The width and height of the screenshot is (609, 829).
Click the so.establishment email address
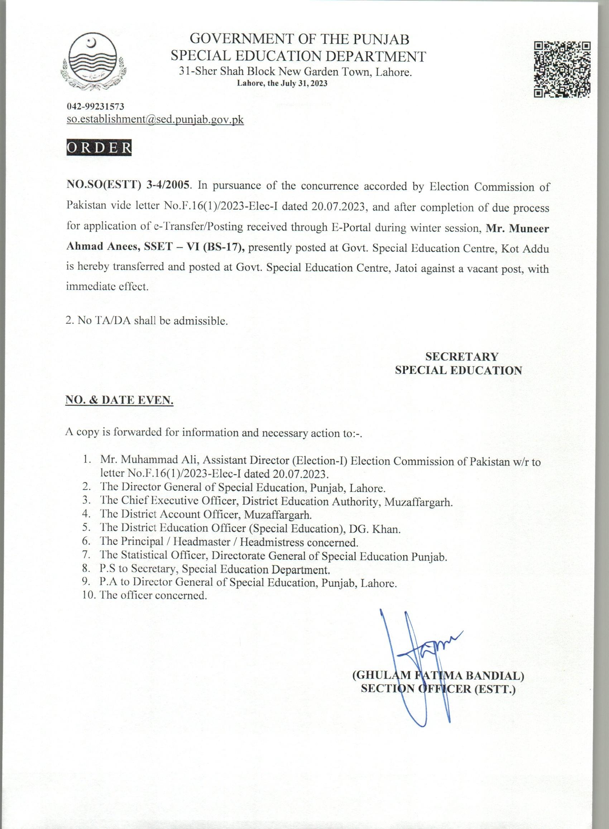click(155, 120)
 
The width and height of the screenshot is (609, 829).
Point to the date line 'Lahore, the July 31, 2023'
click(282, 84)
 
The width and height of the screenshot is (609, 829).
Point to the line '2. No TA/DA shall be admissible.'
click(147, 320)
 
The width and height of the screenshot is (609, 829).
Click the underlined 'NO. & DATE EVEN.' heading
click(119, 400)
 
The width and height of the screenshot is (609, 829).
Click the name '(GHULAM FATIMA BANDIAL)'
click(438, 675)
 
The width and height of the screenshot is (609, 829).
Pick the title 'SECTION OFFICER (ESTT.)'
click(438, 689)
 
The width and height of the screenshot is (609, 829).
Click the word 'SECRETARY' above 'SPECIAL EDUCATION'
click(461, 357)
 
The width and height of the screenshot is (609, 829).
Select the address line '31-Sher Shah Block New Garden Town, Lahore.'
click(295, 72)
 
